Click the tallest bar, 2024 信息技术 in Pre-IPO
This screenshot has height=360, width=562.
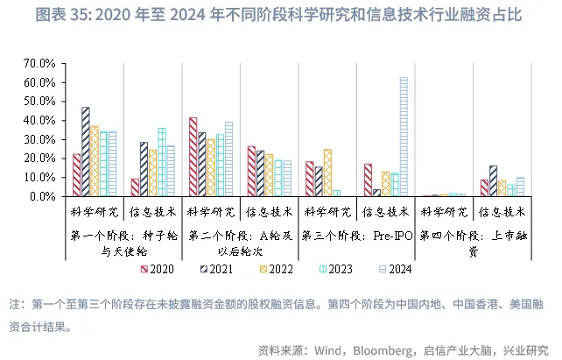point(404,137)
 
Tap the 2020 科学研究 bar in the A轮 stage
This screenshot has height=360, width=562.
point(193,157)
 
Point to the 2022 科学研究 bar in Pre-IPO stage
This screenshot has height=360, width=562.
point(327,173)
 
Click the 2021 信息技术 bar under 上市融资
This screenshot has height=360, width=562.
point(493,180)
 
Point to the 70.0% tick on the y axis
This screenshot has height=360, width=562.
point(40,64)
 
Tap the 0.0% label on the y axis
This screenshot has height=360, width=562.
point(43,196)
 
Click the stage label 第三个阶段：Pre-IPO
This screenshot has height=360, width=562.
point(355,236)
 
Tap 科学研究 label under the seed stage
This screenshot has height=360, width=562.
point(95,212)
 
